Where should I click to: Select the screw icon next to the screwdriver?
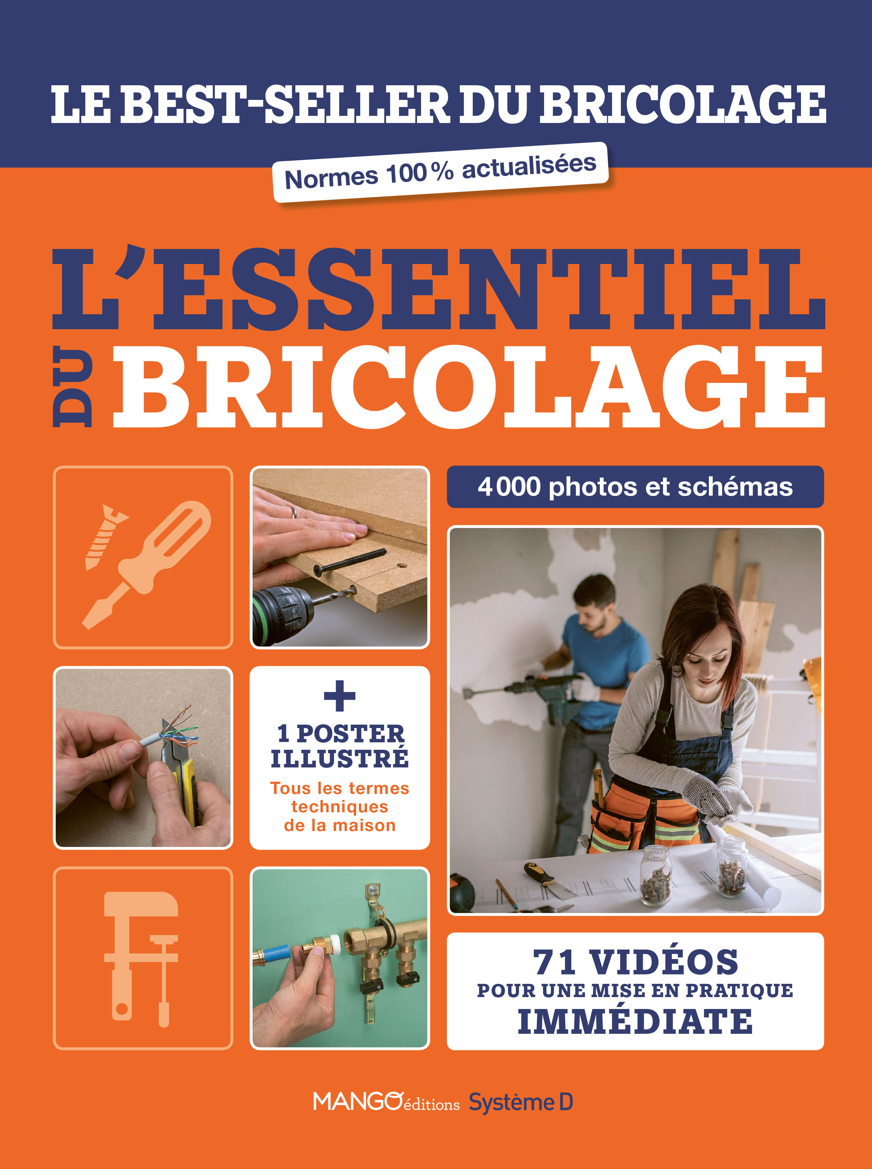tap(106, 536)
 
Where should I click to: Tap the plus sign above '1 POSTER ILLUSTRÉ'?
tap(339, 696)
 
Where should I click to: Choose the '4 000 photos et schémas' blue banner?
tap(635, 486)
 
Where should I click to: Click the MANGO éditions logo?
tap(385, 1102)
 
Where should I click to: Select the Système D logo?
tap(521, 1102)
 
